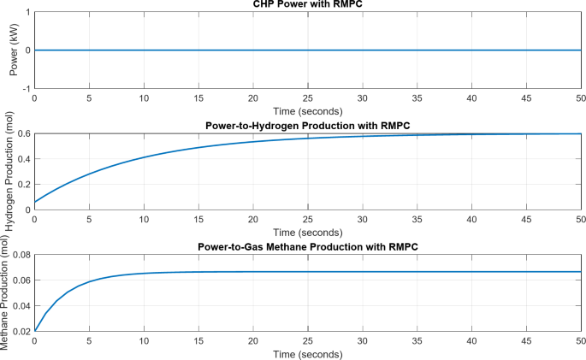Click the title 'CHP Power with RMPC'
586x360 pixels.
[x=307, y=5]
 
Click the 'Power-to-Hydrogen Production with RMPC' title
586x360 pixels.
[x=307, y=126]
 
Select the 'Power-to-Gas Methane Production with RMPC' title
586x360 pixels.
[x=307, y=247]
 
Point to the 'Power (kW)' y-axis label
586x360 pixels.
[x=14, y=50]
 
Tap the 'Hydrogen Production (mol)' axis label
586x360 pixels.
[x=10, y=173]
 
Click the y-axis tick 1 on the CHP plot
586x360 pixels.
[x=27, y=13]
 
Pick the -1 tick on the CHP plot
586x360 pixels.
[x=27, y=88]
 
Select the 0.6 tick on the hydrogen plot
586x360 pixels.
[x=24, y=133]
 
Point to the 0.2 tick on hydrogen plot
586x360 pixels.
[x=24, y=184]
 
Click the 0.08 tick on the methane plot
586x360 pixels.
[x=21, y=255]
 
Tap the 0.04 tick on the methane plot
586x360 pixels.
[x=21, y=305]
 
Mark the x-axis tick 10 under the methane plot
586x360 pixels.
[x=144, y=342]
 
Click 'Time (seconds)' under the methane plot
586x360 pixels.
[x=307, y=353]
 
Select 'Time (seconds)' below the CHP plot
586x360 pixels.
[x=307, y=111]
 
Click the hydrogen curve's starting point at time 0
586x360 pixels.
[x=34, y=202]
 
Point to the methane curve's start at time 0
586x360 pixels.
[x=34, y=330]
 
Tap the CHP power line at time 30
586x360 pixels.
[x=362, y=50]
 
